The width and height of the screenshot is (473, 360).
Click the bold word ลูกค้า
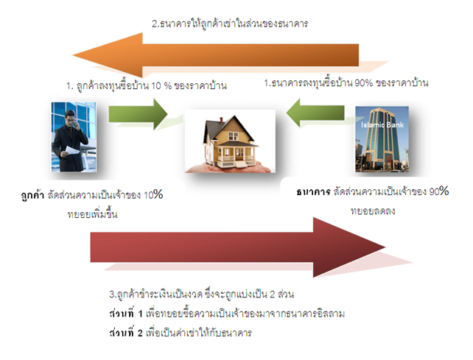(34, 196)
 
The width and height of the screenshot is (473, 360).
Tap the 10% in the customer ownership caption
(153, 195)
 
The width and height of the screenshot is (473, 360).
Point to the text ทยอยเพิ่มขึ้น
(93, 214)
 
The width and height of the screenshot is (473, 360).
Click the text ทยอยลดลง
(373, 211)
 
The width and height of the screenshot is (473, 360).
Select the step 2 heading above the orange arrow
(229, 24)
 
